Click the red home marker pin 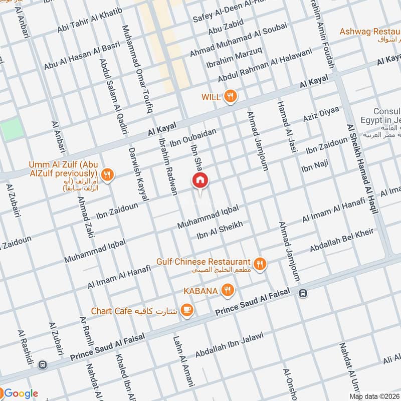[200, 180]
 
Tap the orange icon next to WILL [230, 97]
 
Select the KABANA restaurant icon [227, 290]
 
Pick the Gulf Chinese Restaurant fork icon [260, 263]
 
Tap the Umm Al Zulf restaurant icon [106, 175]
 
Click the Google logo [20, 393]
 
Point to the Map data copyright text [374, 396]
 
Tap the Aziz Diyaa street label [321, 115]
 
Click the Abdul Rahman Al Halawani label [265, 66]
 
